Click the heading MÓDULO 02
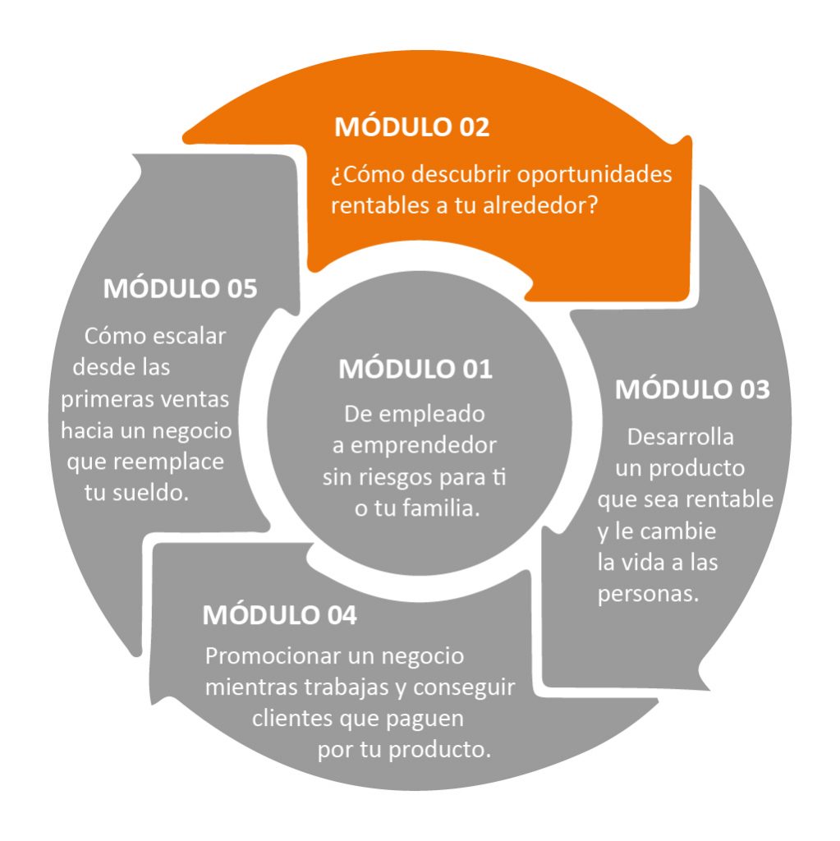pyautogui.click(x=412, y=126)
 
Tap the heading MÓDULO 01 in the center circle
pyautogui.click(x=415, y=369)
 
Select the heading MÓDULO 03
pyautogui.click(x=692, y=388)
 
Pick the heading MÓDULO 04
pyautogui.click(x=279, y=614)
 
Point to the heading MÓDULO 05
pyautogui.click(x=180, y=288)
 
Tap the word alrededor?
pyautogui.click(x=540, y=205)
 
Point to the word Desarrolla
pyautogui.click(x=680, y=437)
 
